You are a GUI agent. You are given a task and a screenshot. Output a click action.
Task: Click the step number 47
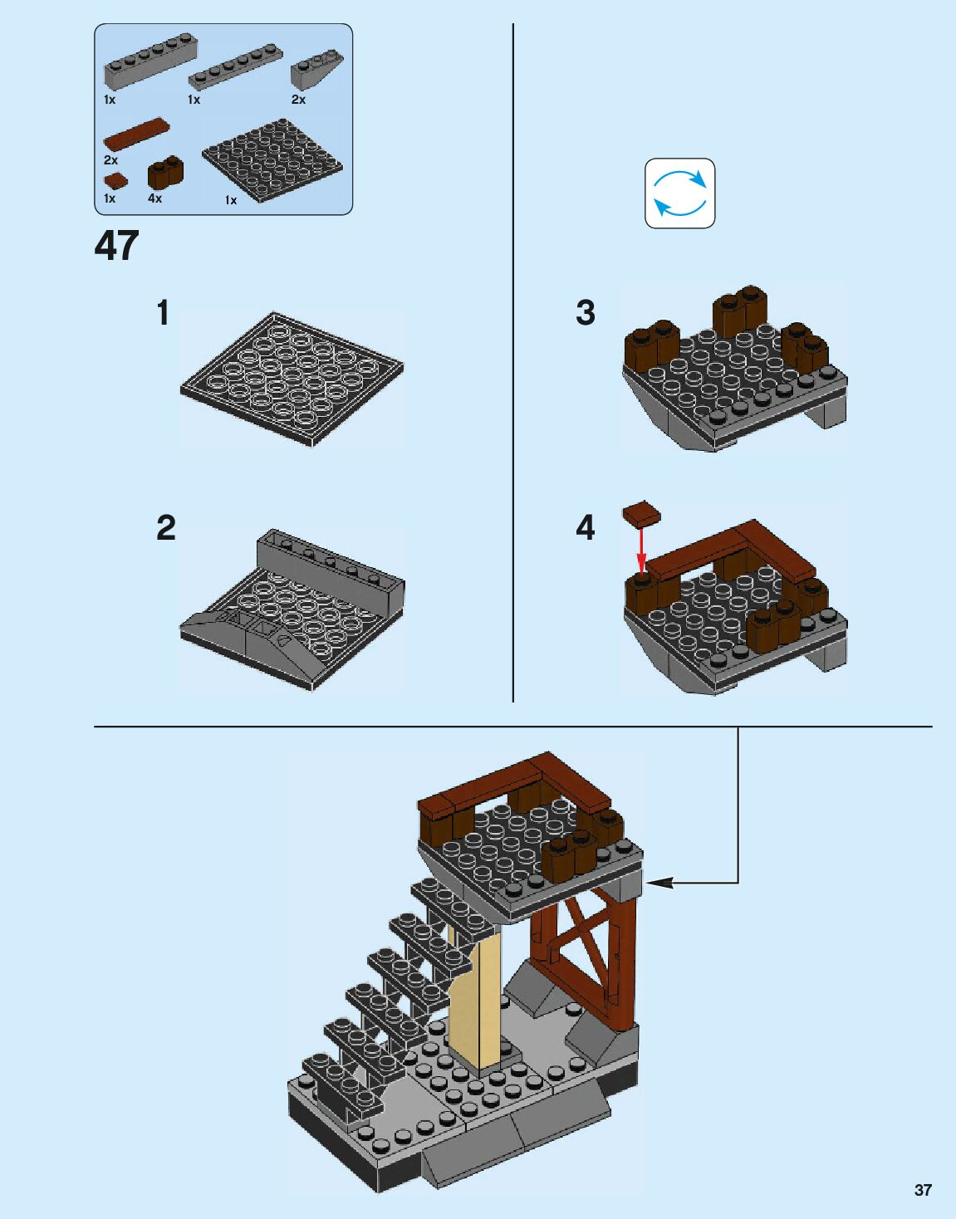(116, 246)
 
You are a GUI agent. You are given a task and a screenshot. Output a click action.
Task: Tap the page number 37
(923, 1190)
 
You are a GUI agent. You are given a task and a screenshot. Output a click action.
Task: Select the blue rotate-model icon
(679, 193)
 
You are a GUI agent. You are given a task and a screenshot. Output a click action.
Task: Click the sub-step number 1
(163, 313)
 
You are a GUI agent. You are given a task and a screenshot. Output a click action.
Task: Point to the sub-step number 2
(166, 528)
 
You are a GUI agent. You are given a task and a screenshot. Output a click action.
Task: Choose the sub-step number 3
(586, 313)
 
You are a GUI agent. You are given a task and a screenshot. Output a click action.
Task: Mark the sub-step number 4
(586, 528)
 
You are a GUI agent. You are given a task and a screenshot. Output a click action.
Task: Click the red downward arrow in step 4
(640, 549)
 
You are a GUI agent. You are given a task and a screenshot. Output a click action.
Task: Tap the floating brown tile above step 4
(641, 515)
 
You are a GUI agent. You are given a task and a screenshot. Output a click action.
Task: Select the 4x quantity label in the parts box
(154, 199)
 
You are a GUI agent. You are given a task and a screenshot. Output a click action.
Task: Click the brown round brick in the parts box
(165, 173)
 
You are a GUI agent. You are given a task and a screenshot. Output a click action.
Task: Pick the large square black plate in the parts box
(272, 160)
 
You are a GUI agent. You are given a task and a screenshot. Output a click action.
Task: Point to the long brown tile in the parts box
(136, 133)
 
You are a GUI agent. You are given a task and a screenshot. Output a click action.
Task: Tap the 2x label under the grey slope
(298, 100)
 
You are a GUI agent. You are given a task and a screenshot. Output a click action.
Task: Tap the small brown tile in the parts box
(115, 180)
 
